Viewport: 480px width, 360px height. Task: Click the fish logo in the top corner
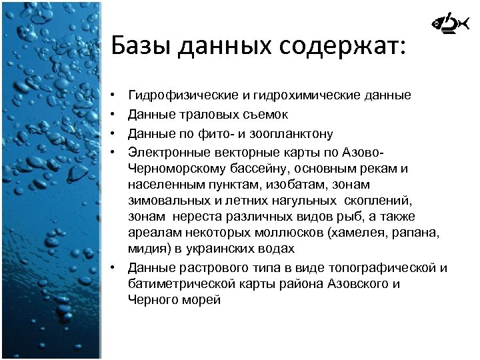coord(444,25)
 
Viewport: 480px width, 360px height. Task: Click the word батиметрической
coord(175,284)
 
